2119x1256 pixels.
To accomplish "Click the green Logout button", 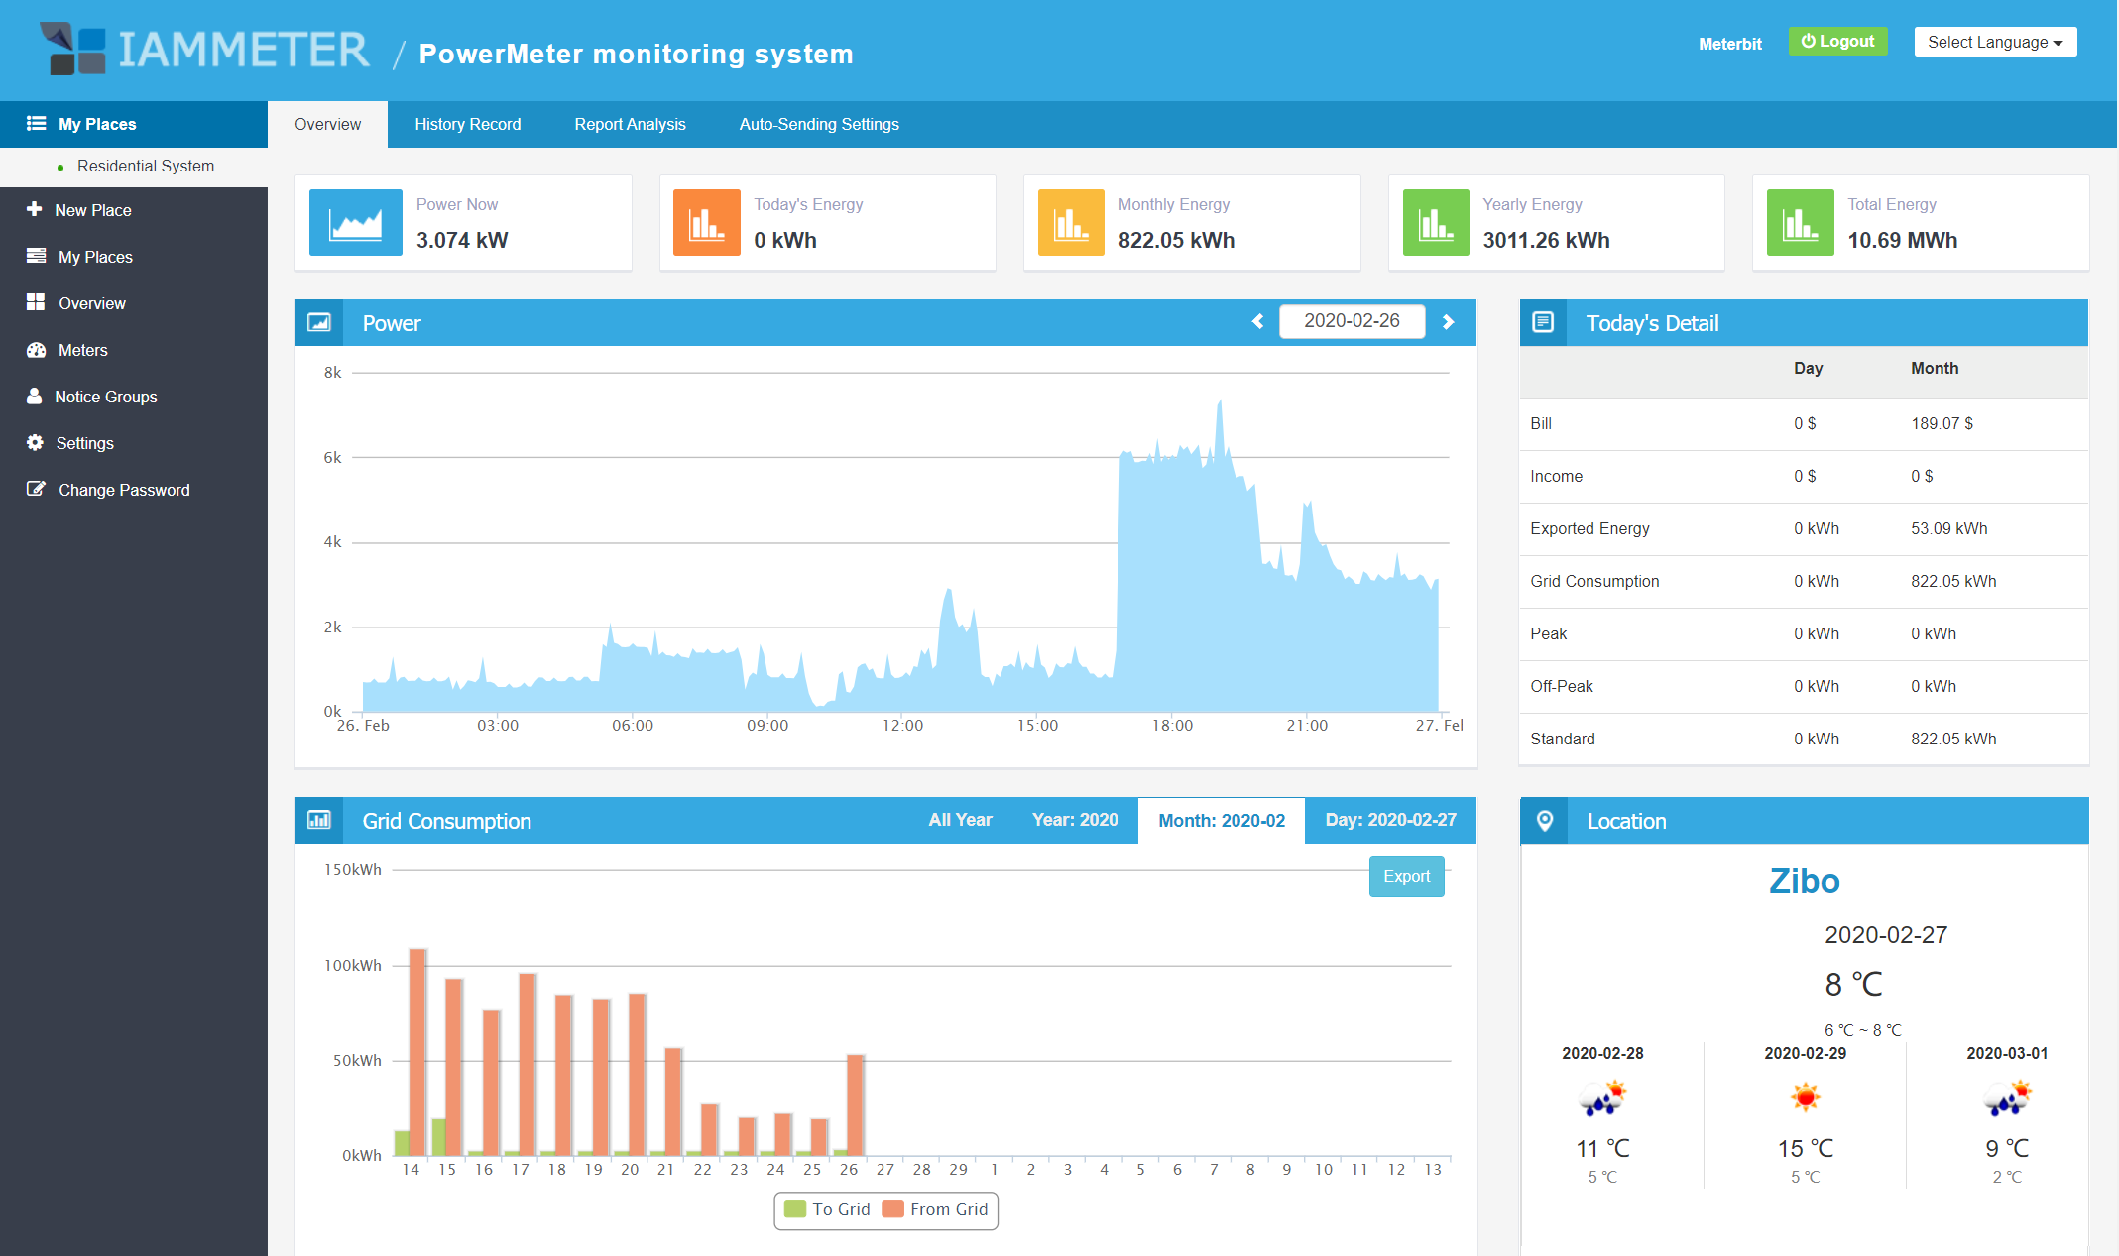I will [x=1837, y=42].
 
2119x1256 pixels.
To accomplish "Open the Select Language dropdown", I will [x=1994, y=42].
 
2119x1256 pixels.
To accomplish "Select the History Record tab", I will [x=467, y=124].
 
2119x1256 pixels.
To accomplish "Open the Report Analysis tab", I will [x=630, y=124].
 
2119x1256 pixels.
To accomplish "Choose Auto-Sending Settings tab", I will [x=818, y=124].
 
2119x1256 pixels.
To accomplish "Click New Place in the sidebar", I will [x=92, y=210].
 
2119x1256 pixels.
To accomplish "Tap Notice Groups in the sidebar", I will [x=105, y=397].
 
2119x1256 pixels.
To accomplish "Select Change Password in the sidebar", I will [x=123, y=490].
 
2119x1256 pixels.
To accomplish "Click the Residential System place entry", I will [x=145, y=166].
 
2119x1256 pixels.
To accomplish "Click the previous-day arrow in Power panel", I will [x=1257, y=321].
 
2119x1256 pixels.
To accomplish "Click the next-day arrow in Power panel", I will [x=1448, y=321].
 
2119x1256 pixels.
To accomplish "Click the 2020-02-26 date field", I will [x=1351, y=321].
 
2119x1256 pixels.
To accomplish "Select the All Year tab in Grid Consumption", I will [x=959, y=820].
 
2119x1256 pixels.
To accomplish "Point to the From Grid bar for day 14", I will [x=417, y=1051].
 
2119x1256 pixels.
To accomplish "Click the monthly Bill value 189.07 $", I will [x=1942, y=423].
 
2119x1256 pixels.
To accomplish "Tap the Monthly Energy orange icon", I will [x=1070, y=223].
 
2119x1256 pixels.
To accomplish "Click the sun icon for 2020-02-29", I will [x=1805, y=1097].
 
